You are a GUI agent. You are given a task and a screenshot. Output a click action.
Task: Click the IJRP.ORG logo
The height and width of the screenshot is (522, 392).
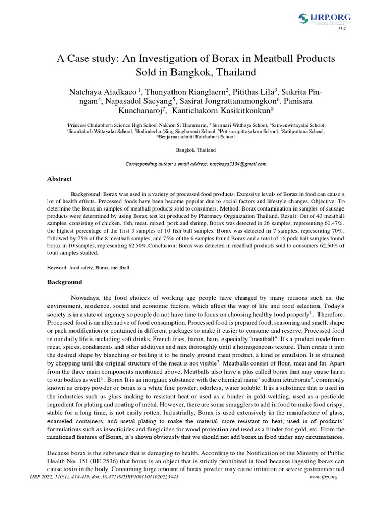click(324, 19)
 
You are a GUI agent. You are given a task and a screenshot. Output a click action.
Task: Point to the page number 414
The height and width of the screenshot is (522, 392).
click(341, 29)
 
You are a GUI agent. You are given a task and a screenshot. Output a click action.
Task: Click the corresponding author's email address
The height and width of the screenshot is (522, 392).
click(235, 164)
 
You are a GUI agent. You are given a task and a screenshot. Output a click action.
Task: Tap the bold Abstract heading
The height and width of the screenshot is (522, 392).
click(60, 179)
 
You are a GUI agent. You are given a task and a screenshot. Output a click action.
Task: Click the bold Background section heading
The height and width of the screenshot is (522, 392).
click(65, 282)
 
